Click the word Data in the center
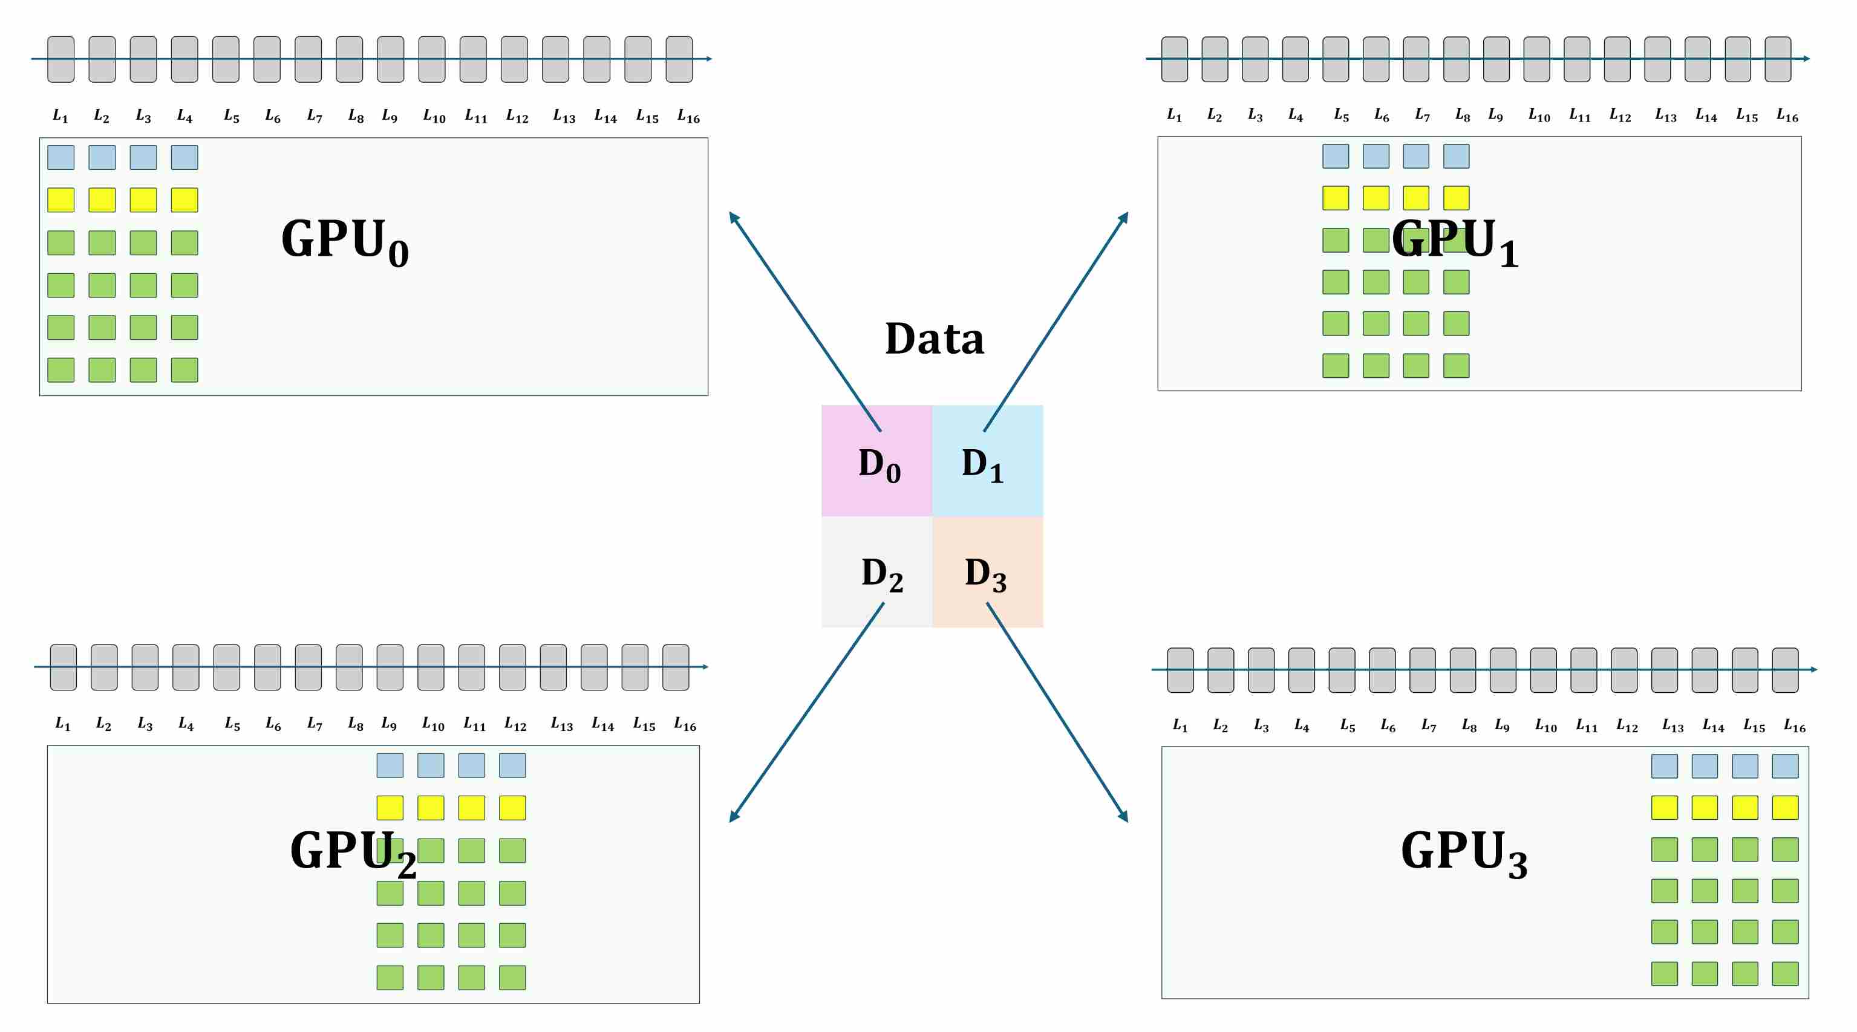click(x=935, y=339)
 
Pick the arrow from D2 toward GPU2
click(x=808, y=712)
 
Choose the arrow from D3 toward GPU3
click(x=1056, y=712)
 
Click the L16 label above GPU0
click(x=688, y=116)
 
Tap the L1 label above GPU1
click(x=1174, y=115)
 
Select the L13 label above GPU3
click(x=1673, y=725)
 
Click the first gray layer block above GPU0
click(x=60, y=59)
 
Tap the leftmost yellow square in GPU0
click(x=60, y=200)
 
